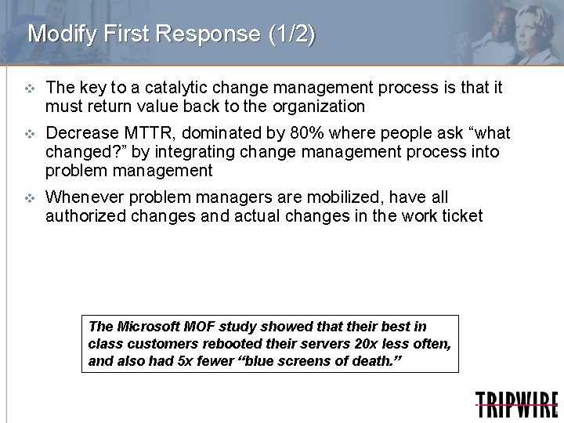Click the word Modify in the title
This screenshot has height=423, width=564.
56,35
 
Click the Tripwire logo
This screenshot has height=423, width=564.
516,404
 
